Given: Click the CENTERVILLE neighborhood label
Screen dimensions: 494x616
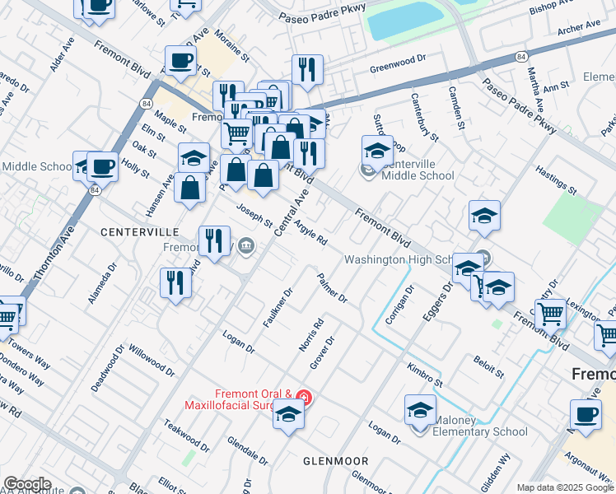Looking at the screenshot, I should click(x=139, y=232).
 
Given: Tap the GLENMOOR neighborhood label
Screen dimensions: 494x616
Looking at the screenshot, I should click(x=335, y=461).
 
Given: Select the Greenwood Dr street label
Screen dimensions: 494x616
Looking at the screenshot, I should click(x=397, y=59).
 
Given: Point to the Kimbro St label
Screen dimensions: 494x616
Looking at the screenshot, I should click(x=424, y=374).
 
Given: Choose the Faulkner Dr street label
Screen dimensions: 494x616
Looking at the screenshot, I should click(x=278, y=306).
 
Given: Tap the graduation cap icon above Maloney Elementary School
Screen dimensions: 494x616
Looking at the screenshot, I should click(x=420, y=409).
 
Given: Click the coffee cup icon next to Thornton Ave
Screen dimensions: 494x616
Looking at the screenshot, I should click(x=102, y=166).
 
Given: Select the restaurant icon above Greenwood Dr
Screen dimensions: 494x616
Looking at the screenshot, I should click(x=307, y=70).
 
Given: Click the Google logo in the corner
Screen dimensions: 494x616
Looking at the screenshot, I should click(x=26, y=484).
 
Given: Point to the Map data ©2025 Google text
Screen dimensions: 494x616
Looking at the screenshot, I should click(x=565, y=487).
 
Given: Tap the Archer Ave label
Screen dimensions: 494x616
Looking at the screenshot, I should click(x=580, y=30).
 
